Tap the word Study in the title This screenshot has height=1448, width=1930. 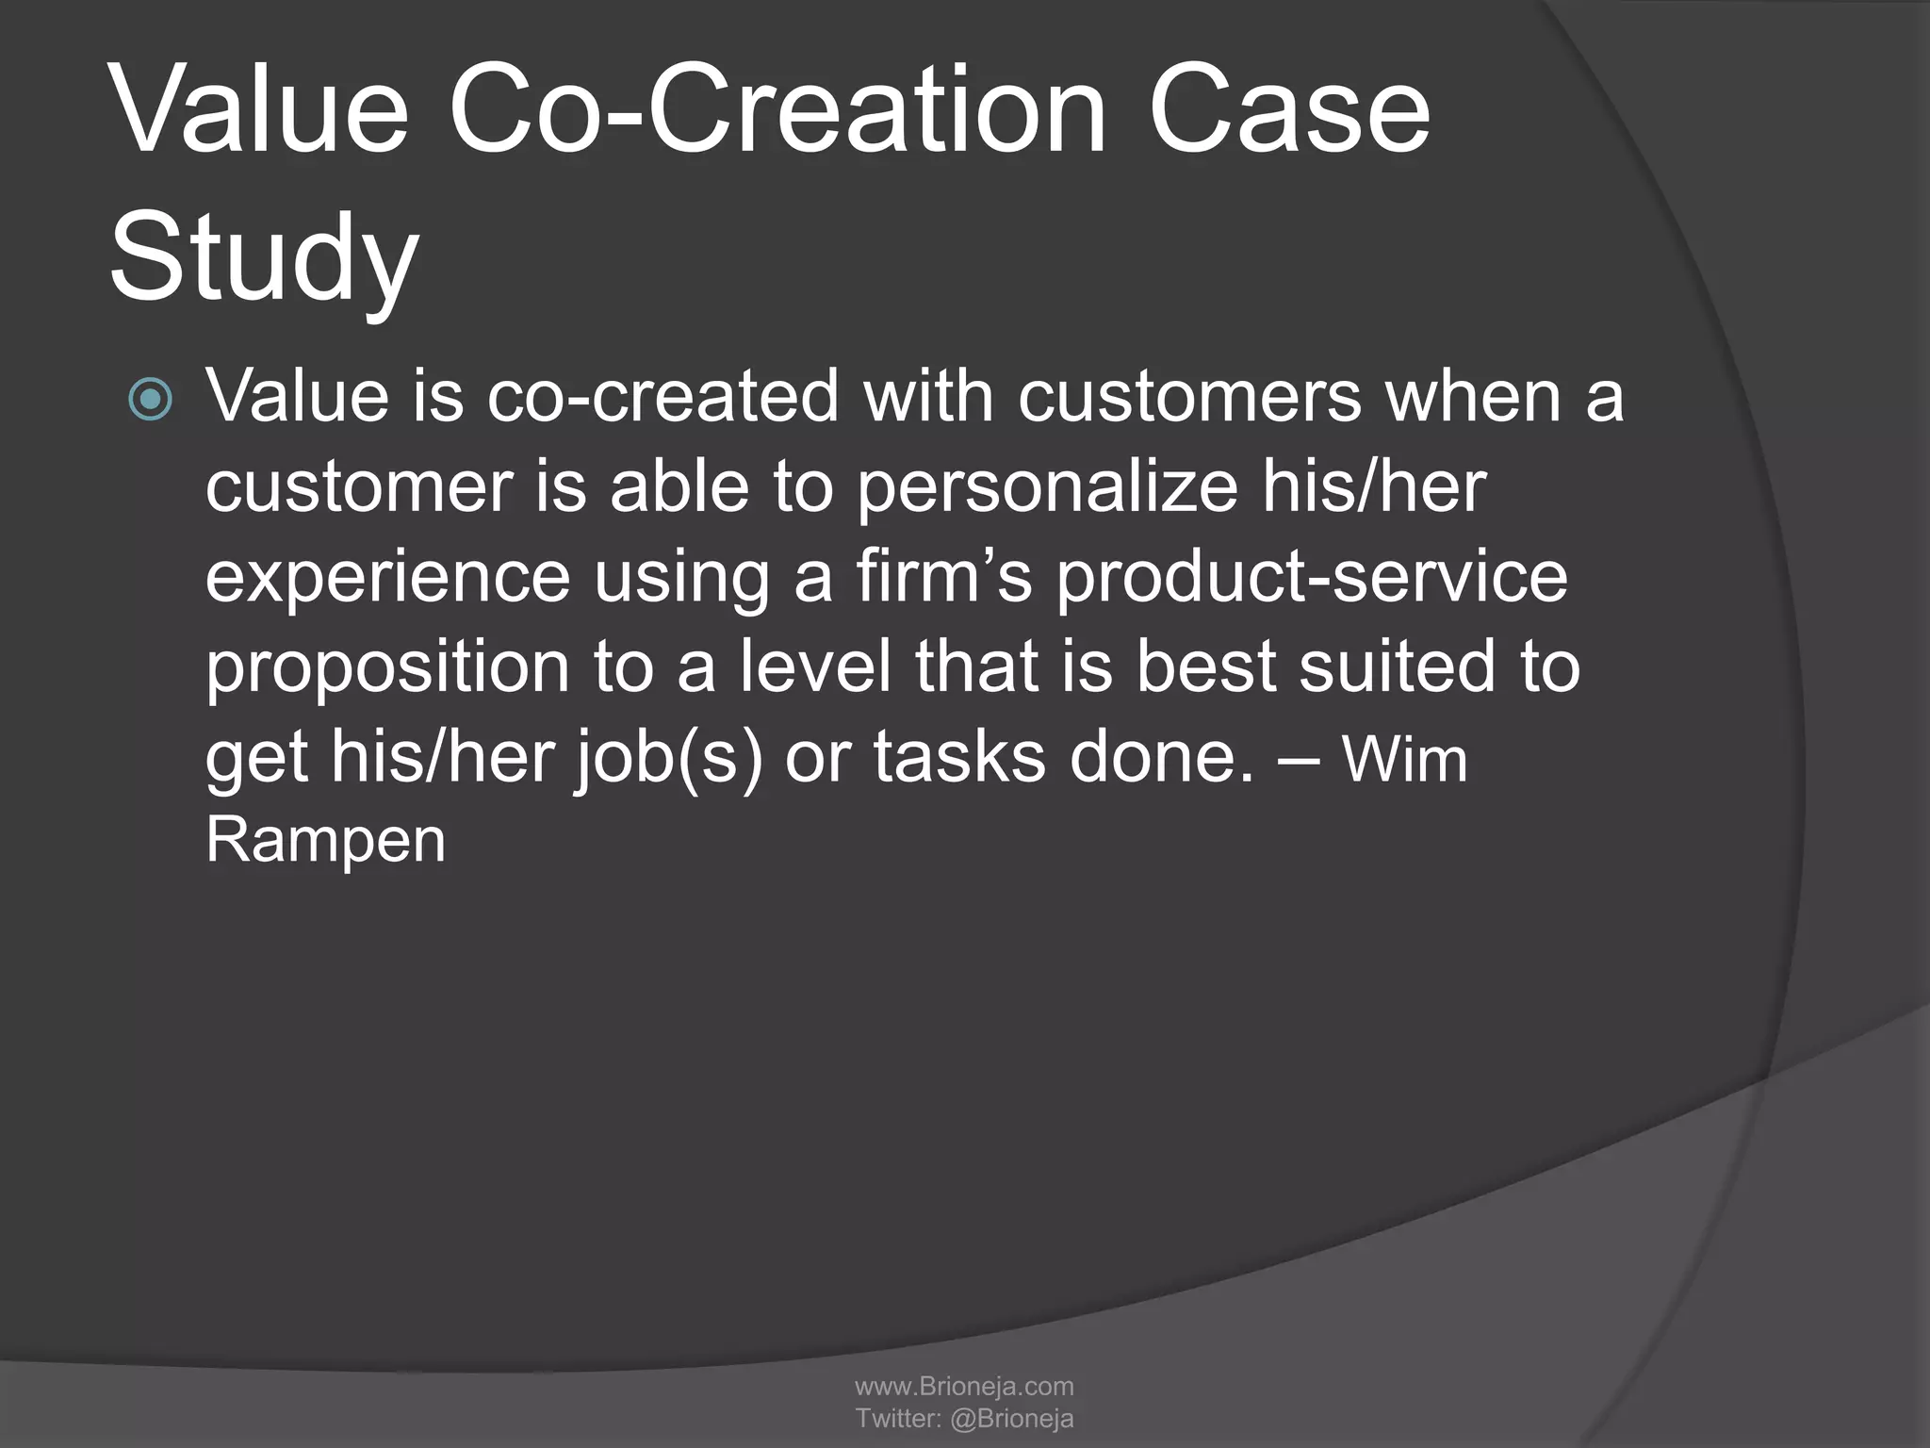(264, 259)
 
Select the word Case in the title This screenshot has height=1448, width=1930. (1288, 111)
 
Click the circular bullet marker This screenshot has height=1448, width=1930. (151, 400)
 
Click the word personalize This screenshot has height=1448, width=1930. (1047, 488)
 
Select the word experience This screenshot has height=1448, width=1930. (387, 579)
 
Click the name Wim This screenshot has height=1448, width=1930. (1404, 760)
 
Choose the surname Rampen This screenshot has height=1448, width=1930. (325, 841)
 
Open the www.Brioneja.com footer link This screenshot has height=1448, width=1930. (964, 1386)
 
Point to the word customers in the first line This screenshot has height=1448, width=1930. (1189, 396)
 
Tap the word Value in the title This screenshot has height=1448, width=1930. (259, 111)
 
